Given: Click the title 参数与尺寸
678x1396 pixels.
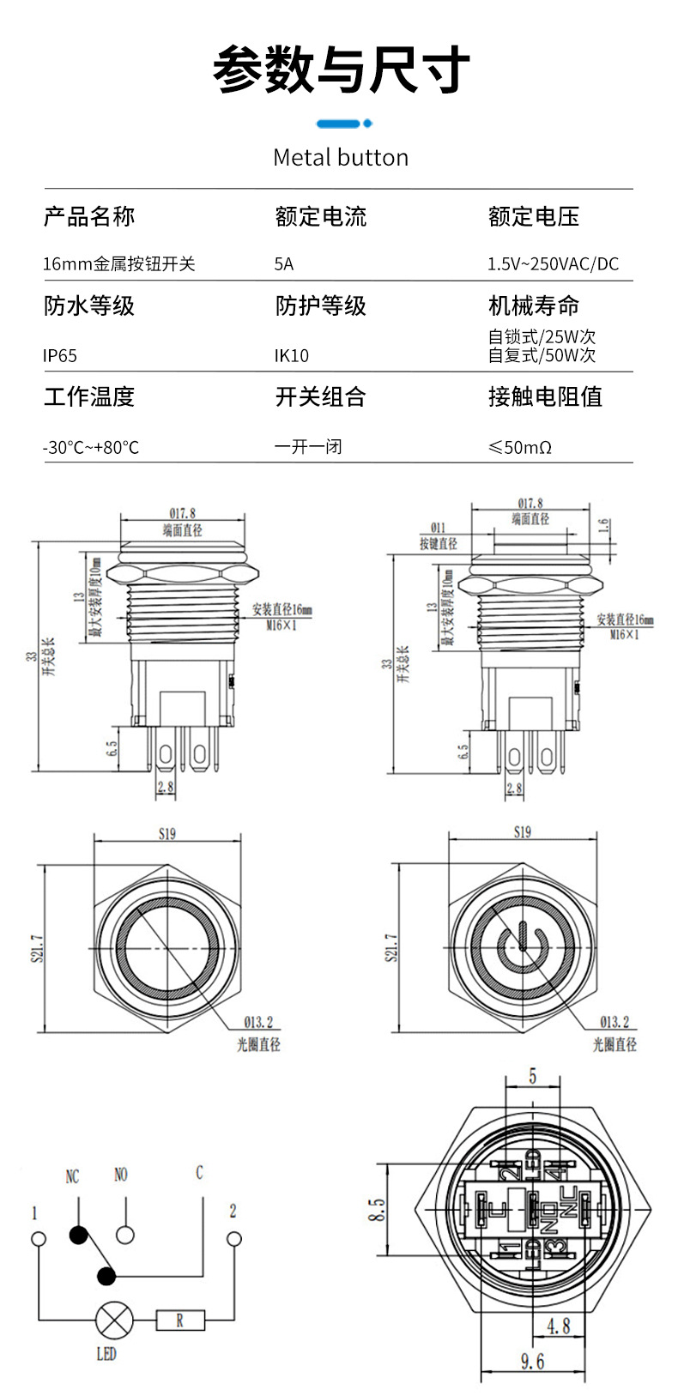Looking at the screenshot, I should [x=341, y=70].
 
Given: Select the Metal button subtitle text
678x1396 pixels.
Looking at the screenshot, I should [x=340, y=158].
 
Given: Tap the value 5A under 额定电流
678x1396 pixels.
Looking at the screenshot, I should [x=283, y=264].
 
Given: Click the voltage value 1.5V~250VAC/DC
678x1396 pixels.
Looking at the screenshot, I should [x=553, y=264].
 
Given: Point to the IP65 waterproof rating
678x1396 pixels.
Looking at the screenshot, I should [x=60, y=355].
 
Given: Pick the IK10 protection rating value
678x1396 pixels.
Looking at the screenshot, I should [x=291, y=355].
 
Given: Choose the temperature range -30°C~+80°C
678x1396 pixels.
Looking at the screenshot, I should [x=91, y=447].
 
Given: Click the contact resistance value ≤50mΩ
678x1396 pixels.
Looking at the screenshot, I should [x=519, y=447].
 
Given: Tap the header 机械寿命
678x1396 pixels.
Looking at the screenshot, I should [x=533, y=305].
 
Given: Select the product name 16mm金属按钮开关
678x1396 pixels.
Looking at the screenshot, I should [x=118, y=264].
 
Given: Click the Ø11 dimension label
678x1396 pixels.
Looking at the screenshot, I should [x=438, y=528].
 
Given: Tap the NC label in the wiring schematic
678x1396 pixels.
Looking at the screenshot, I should [x=73, y=1176].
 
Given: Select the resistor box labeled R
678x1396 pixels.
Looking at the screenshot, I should [x=180, y=1320].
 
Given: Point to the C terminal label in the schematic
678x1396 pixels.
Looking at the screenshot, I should [x=199, y=1172].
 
